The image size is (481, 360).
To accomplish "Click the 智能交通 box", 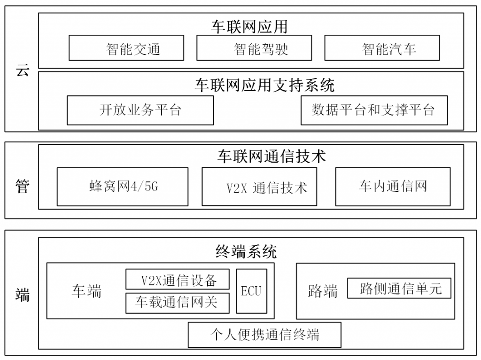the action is pos(126,48).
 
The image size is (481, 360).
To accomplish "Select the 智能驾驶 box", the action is pos(254,48).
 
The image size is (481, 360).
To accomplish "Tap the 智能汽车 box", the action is pos(382,48).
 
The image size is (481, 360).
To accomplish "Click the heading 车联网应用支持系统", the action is pos(264,85).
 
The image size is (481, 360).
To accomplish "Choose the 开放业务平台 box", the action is pos(140,110).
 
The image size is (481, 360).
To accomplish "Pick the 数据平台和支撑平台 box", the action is pos(374,110).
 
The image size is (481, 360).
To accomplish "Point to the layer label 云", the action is pos(23,70).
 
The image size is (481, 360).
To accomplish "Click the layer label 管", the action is pos(23,186).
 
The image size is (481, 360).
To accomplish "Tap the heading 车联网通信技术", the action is pos(272,156).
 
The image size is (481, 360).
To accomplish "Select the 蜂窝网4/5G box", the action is pos(123,187).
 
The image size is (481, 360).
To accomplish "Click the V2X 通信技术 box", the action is pos(259,187).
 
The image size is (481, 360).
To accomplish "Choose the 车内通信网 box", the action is pos(393,187).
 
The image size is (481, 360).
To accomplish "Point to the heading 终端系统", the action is pos(246,251).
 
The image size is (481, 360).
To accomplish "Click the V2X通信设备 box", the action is pos(178,279).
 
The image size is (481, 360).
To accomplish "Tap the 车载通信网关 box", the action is pos(178,303).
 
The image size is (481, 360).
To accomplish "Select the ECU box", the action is pos(252,291).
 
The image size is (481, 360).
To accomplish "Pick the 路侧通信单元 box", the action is pos(399,288).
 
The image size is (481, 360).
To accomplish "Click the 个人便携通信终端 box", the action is pos(265,335).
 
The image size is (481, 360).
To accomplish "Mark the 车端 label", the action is pos(86,291).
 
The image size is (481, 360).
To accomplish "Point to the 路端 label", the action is pos(323,291).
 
